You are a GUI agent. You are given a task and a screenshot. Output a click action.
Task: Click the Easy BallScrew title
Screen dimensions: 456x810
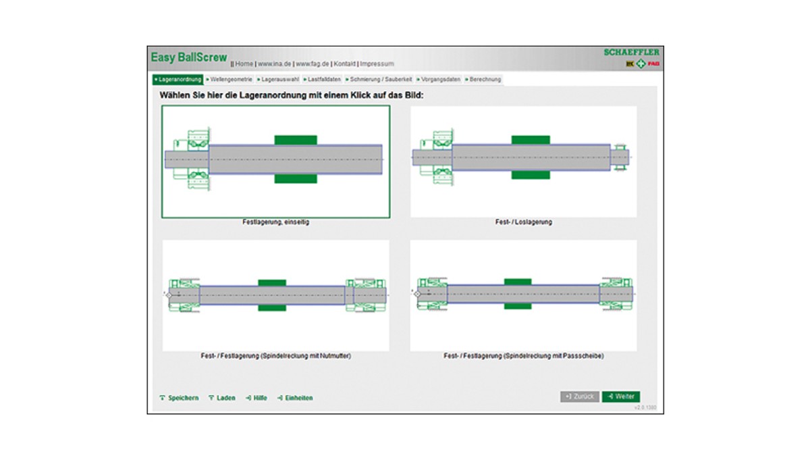(x=188, y=58)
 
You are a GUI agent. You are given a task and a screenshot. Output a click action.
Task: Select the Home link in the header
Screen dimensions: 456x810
(x=244, y=64)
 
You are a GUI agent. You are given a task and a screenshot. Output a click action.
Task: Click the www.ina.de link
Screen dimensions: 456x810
(x=275, y=64)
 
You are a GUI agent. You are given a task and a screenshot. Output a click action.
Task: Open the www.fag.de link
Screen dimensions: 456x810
(x=313, y=64)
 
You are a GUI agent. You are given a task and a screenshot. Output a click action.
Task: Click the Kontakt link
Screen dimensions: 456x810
(x=344, y=64)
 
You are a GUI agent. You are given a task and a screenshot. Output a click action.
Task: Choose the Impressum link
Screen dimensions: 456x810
(x=377, y=64)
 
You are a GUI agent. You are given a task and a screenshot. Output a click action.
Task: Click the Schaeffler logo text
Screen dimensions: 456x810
(x=631, y=52)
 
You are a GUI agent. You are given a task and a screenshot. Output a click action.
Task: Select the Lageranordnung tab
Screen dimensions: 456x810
(x=178, y=80)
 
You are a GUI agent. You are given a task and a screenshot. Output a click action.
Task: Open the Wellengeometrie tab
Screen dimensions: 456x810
(x=229, y=80)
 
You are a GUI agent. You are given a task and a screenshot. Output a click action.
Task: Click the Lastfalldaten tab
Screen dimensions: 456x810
(x=323, y=80)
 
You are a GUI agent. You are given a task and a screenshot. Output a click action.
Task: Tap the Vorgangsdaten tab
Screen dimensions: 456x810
(x=439, y=80)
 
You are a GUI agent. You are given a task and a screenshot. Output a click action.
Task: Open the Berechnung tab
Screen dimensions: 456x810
(x=483, y=80)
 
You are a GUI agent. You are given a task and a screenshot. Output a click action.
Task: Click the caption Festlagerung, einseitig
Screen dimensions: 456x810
(x=275, y=222)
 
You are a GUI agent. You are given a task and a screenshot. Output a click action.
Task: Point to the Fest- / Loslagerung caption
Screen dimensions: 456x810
(x=523, y=222)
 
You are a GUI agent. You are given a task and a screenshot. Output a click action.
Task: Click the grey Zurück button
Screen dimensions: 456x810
(x=580, y=397)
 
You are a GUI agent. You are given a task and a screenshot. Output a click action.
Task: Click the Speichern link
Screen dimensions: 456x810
(x=180, y=399)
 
